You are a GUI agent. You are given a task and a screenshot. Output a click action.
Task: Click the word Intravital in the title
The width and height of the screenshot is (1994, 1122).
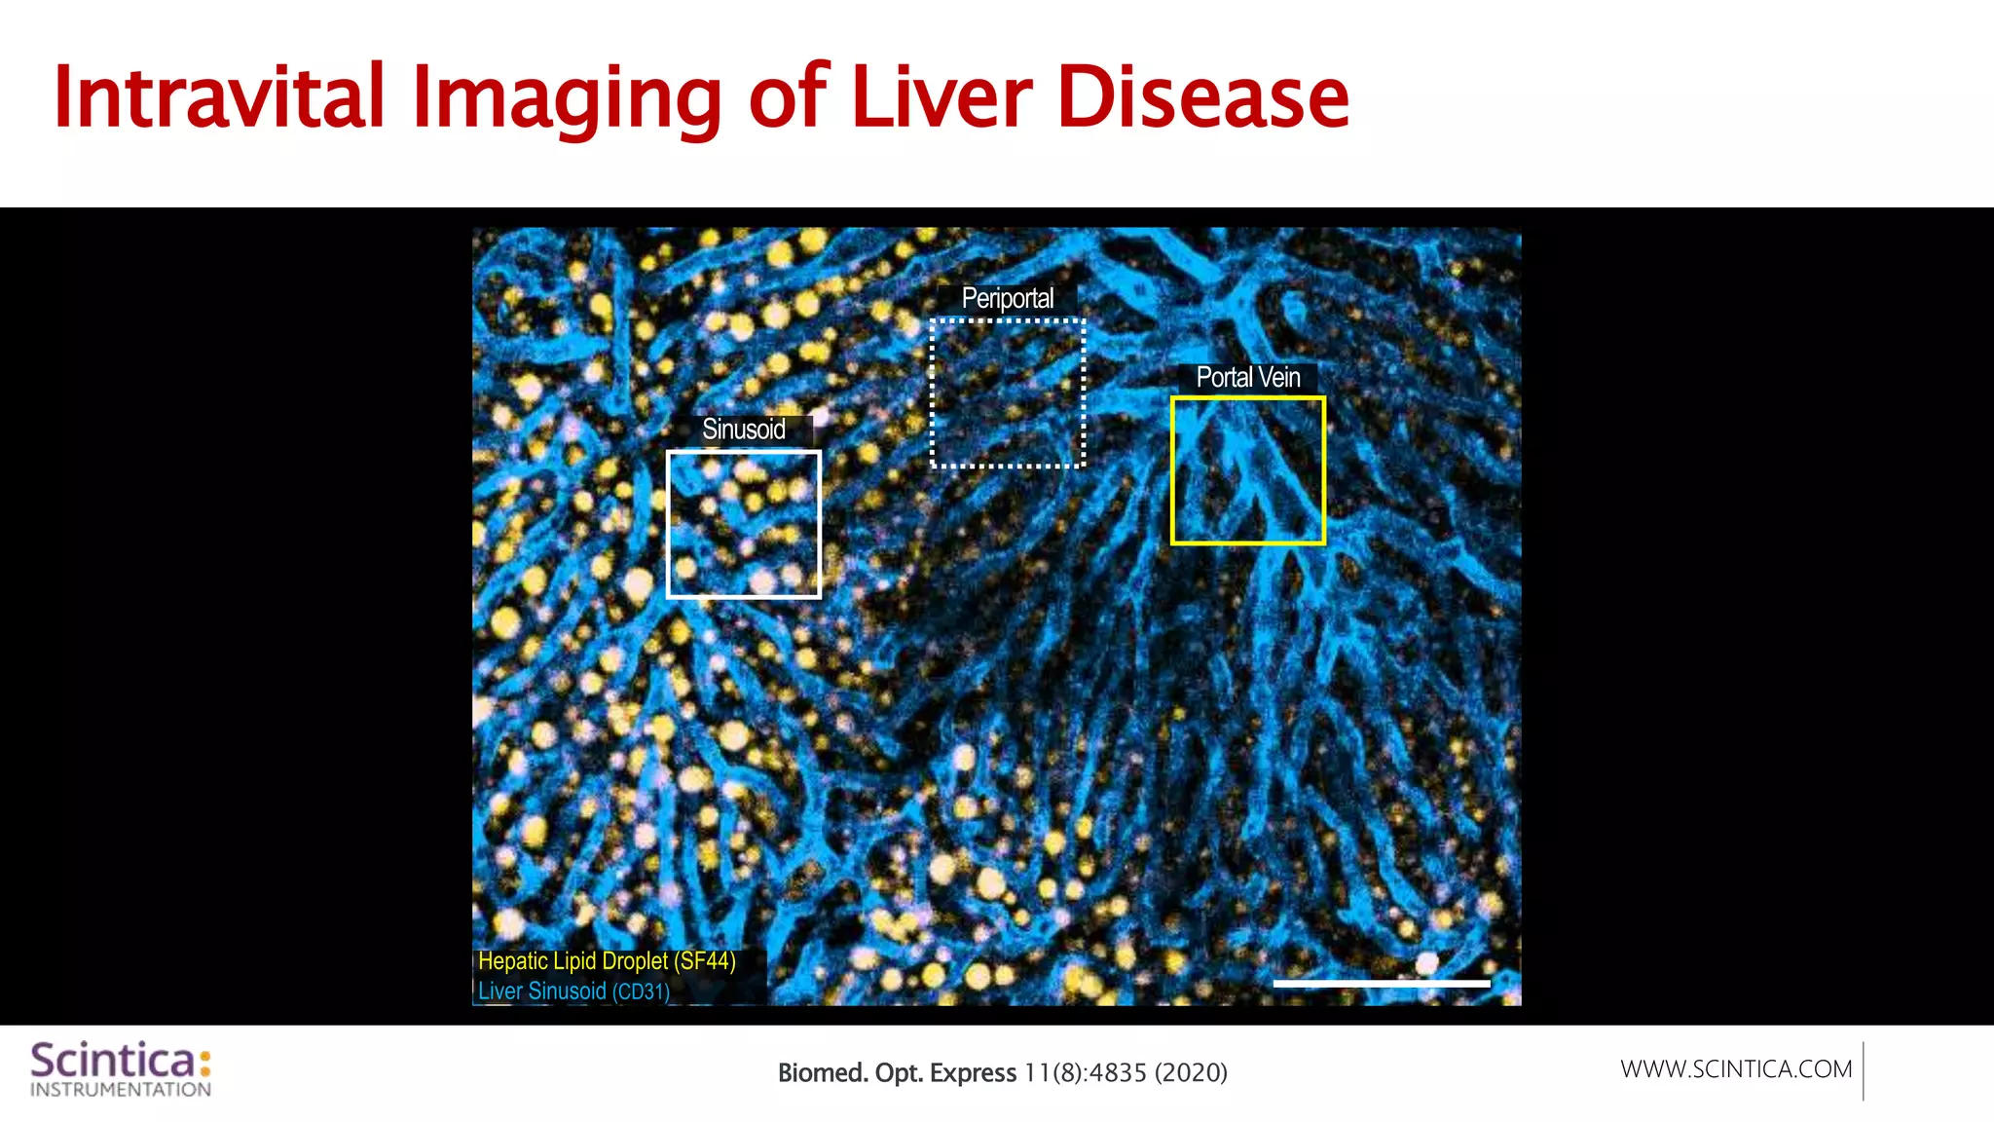click(x=219, y=96)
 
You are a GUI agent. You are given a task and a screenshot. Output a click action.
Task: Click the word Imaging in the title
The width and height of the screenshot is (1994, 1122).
click(x=566, y=96)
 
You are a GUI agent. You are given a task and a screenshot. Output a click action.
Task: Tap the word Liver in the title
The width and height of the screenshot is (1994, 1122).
click(x=941, y=96)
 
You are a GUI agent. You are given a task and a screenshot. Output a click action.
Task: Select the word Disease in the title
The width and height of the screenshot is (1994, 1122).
click(x=1202, y=96)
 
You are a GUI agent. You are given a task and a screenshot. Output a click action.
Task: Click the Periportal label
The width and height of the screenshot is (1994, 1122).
click(x=1007, y=298)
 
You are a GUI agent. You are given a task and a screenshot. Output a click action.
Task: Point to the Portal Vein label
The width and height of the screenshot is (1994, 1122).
click(x=1247, y=377)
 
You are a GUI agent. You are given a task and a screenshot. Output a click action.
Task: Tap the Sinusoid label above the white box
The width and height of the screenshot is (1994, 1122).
click(x=744, y=430)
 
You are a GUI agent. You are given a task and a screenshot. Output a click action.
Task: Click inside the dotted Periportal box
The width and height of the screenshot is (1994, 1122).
click(x=1008, y=393)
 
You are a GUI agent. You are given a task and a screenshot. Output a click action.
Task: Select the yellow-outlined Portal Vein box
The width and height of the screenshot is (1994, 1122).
click(x=1247, y=470)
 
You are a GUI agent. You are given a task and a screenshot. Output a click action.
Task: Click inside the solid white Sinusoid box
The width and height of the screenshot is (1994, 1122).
click(x=744, y=524)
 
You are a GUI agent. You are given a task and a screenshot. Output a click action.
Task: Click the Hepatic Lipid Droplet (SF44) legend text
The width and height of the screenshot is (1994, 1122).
click(x=607, y=961)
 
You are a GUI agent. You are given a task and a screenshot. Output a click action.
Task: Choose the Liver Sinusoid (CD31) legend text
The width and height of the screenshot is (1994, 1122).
click(x=573, y=991)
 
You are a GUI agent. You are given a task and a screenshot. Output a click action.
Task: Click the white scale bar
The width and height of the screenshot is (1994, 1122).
click(x=1381, y=984)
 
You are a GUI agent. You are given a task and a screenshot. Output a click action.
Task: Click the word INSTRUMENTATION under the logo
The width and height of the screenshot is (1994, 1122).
click(x=121, y=1090)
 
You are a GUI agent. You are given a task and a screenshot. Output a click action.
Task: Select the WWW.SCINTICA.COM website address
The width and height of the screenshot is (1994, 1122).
click(x=1736, y=1069)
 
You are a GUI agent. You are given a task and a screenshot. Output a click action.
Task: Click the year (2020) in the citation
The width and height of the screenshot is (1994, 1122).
click(x=1191, y=1073)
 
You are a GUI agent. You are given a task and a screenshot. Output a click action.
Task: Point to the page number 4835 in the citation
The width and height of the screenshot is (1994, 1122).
click(x=1118, y=1073)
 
